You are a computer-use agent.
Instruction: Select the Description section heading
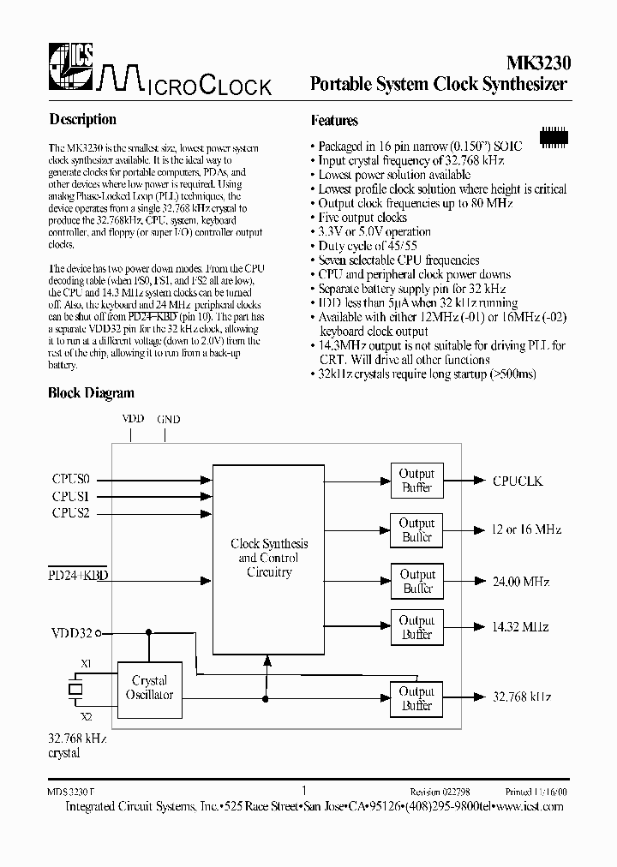[82, 119]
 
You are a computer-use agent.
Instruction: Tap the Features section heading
[334, 120]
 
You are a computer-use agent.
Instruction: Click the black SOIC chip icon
[554, 135]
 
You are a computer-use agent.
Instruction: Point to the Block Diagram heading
[91, 393]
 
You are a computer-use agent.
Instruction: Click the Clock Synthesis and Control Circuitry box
[269, 558]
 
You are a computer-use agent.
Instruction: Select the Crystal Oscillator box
[151, 687]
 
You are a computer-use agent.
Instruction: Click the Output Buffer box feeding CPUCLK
[417, 481]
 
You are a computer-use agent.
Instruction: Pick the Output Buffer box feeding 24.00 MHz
[417, 582]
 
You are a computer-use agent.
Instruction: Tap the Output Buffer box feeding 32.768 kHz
[417, 698]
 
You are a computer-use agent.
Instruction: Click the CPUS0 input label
[70, 481]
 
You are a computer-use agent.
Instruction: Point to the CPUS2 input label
[70, 513]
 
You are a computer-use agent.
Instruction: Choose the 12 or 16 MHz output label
[526, 529]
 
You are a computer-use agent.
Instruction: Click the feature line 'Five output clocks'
[362, 218]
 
